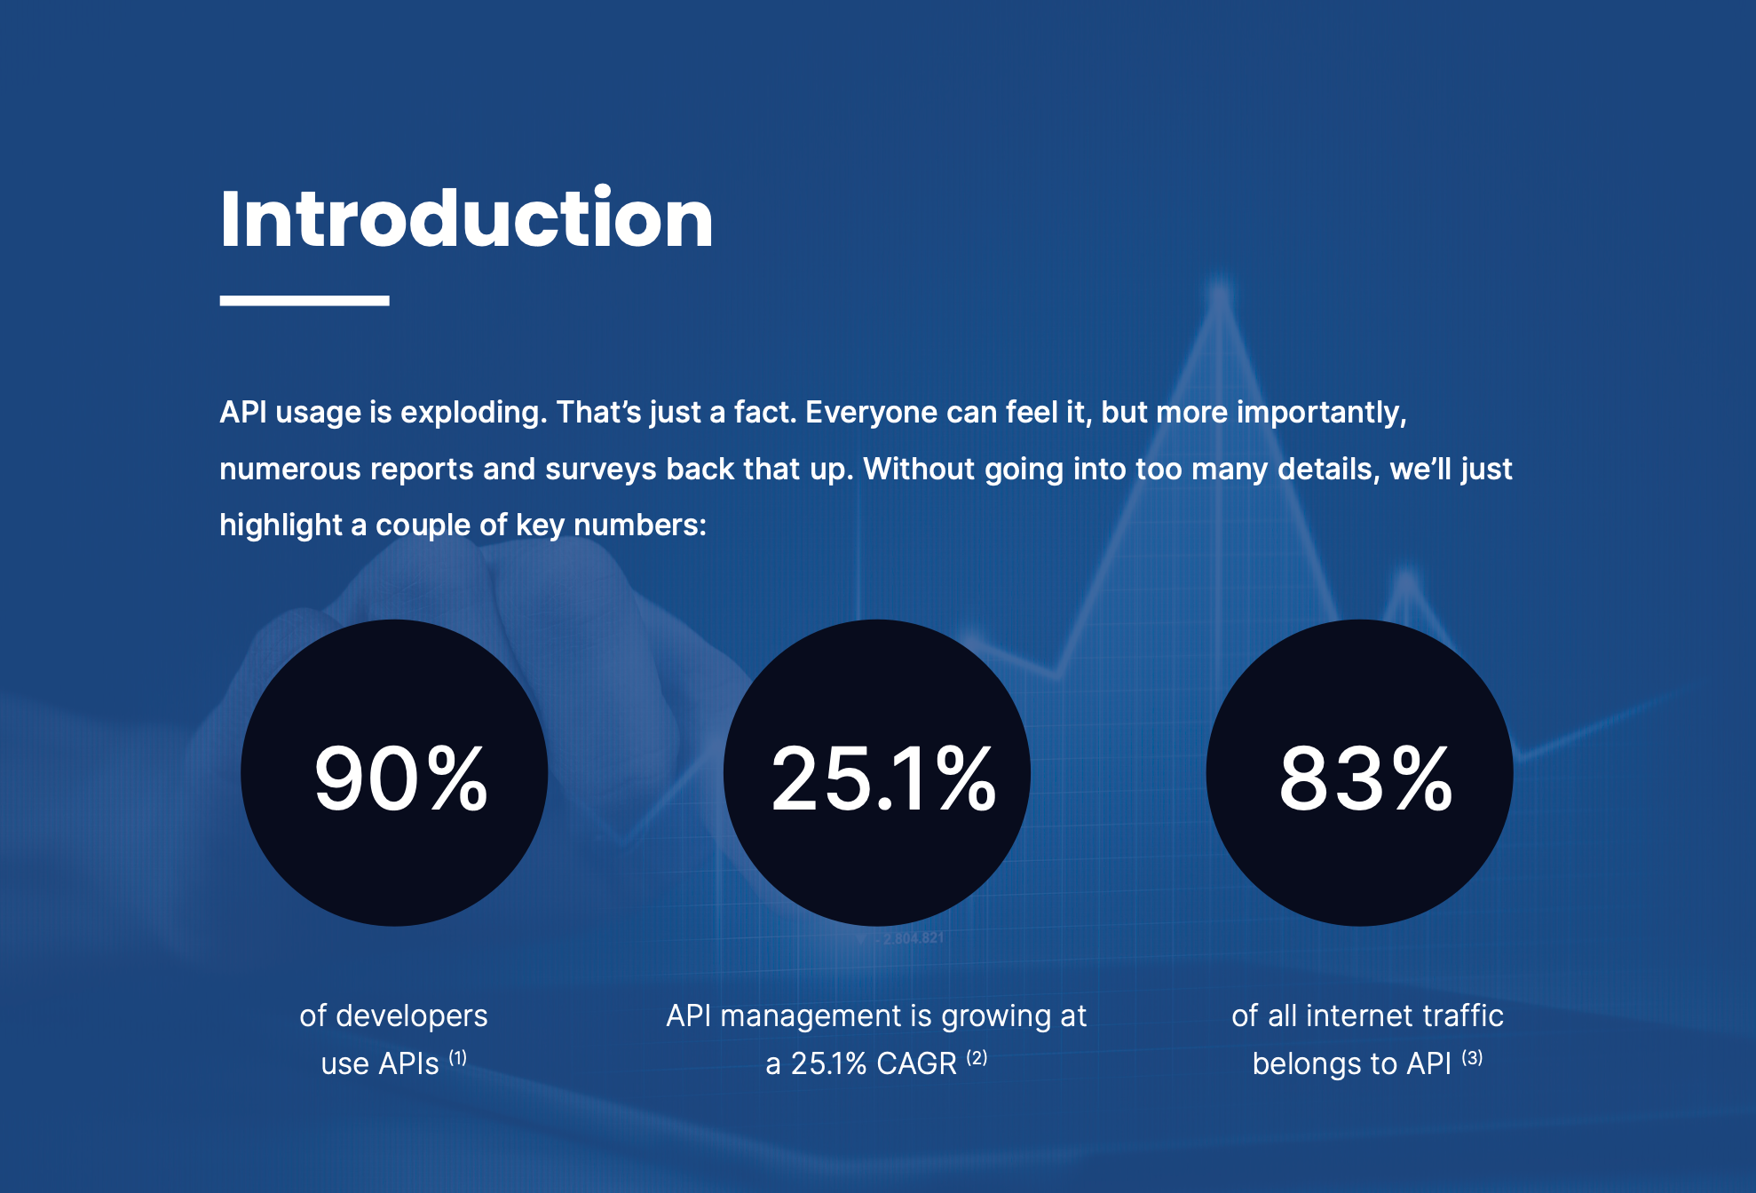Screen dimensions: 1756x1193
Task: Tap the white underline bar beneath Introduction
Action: (305, 300)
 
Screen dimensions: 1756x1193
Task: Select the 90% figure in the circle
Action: (400, 778)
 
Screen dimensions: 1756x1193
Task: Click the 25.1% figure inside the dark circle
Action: (883, 778)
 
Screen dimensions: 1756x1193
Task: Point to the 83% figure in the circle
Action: (1365, 778)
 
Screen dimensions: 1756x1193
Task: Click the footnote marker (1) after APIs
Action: (457, 1057)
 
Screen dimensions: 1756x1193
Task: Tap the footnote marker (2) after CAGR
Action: (977, 1057)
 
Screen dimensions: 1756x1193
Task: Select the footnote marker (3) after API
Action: (1472, 1057)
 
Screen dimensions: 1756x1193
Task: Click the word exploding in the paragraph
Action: (473, 413)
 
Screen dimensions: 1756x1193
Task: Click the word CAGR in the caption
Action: (917, 1063)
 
